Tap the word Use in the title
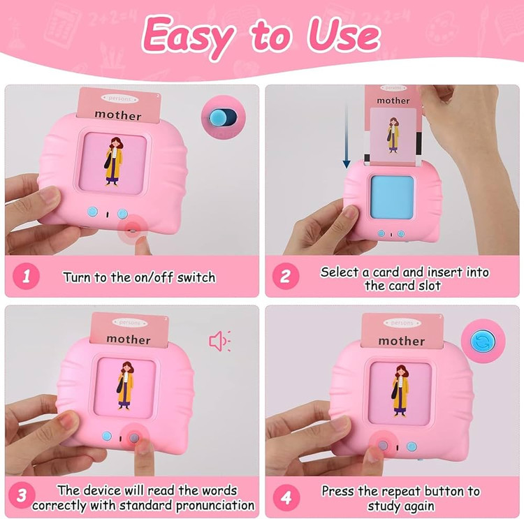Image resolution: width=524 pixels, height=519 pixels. click(344, 36)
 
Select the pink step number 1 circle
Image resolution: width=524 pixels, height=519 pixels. click(26, 277)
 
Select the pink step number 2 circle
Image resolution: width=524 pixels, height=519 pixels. click(286, 277)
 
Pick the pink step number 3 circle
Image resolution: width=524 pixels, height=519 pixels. click(22, 495)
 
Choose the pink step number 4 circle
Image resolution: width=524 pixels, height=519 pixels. click(286, 497)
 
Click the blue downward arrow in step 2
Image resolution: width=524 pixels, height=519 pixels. click(347, 136)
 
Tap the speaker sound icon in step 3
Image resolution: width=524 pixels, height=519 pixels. click(220, 341)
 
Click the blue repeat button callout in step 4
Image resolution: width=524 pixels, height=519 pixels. click(483, 341)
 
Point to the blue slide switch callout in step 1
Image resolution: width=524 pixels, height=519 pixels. click(223, 117)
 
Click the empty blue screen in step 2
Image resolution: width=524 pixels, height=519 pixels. click(392, 197)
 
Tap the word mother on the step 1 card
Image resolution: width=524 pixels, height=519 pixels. click(118, 115)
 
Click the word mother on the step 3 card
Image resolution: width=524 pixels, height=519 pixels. click(129, 339)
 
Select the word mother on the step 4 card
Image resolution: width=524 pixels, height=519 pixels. click(402, 341)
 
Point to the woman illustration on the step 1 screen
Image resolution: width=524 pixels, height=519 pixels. click(114, 161)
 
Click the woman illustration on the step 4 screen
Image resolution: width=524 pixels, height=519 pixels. click(400, 390)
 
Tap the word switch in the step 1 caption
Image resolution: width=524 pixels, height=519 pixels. click(196, 277)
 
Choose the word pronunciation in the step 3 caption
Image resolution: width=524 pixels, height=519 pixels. click(215, 505)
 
